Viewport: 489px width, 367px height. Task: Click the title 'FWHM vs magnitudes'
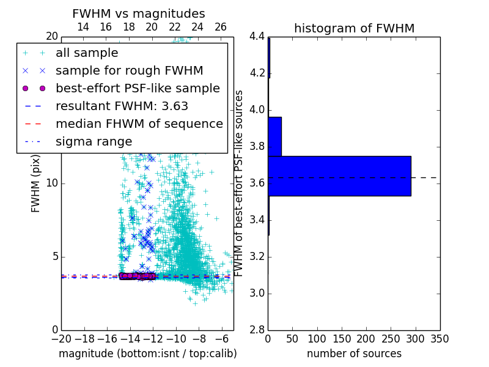pos(139,13)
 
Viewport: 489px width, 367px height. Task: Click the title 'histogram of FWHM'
pos(354,28)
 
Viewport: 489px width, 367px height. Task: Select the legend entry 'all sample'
pos(87,53)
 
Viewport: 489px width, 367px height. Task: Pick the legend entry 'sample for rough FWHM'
pos(129,70)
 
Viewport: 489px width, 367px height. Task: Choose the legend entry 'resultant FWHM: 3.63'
pos(122,106)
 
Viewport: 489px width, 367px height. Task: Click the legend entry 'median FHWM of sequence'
pos(139,124)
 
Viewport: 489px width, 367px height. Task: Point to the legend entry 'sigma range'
pos(94,141)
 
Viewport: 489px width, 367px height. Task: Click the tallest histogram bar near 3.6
pos(339,176)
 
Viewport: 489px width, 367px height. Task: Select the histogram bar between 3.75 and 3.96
pos(274,136)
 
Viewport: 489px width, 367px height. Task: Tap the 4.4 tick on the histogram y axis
pos(257,37)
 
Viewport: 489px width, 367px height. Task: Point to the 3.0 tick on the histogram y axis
pos(257,293)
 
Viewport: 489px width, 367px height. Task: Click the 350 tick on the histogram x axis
pos(440,338)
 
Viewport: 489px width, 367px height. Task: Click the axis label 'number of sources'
pos(354,354)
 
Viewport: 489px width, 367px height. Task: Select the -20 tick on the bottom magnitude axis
pos(61,338)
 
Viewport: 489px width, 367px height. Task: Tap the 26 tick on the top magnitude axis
pos(221,27)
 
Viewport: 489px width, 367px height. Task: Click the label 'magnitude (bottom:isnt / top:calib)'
pos(147,354)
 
